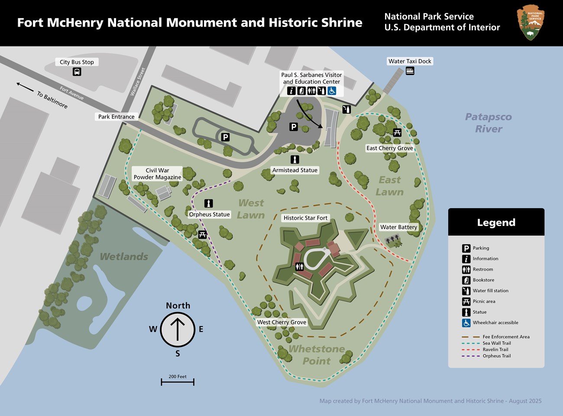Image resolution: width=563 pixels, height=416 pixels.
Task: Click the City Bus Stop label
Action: pos(77,62)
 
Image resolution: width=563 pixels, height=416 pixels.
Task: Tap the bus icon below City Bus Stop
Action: pos(77,72)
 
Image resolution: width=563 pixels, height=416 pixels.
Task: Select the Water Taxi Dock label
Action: pos(410,61)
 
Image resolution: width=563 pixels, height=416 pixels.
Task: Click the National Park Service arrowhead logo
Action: pos(531,23)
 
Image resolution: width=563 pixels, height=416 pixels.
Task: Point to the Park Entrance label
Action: pos(116,116)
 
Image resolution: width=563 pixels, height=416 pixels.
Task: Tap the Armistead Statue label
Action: pos(294,170)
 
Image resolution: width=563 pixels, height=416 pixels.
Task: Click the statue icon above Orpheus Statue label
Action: pos(209,203)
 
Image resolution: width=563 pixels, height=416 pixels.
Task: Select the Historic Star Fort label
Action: pos(305,218)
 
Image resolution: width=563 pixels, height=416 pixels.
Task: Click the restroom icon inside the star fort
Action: pos(299,266)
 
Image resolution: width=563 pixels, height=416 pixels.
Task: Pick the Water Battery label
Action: pos(398,227)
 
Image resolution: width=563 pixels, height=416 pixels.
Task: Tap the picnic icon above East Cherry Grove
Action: pos(397,132)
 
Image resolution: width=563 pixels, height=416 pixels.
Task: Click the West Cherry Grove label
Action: pos(281,322)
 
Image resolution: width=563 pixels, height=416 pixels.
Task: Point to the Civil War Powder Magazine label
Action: pos(157,174)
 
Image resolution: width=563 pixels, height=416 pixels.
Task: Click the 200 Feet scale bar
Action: pos(178,382)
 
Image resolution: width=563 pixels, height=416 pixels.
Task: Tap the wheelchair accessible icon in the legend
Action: pos(466,323)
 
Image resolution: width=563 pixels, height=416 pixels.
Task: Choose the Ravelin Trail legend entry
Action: pos(495,349)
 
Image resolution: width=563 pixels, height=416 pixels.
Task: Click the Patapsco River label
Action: pos(489,123)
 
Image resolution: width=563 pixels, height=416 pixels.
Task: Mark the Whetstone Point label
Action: pos(317,355)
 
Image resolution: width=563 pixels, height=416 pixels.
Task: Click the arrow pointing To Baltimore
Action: pos(25,87)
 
